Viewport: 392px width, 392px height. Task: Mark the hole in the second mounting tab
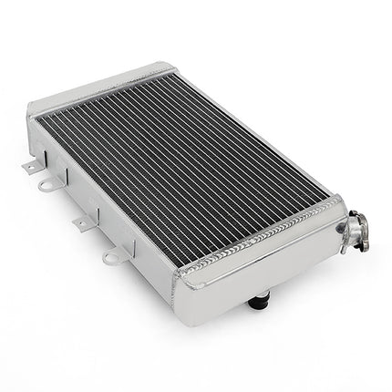(x=44, y=186)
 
